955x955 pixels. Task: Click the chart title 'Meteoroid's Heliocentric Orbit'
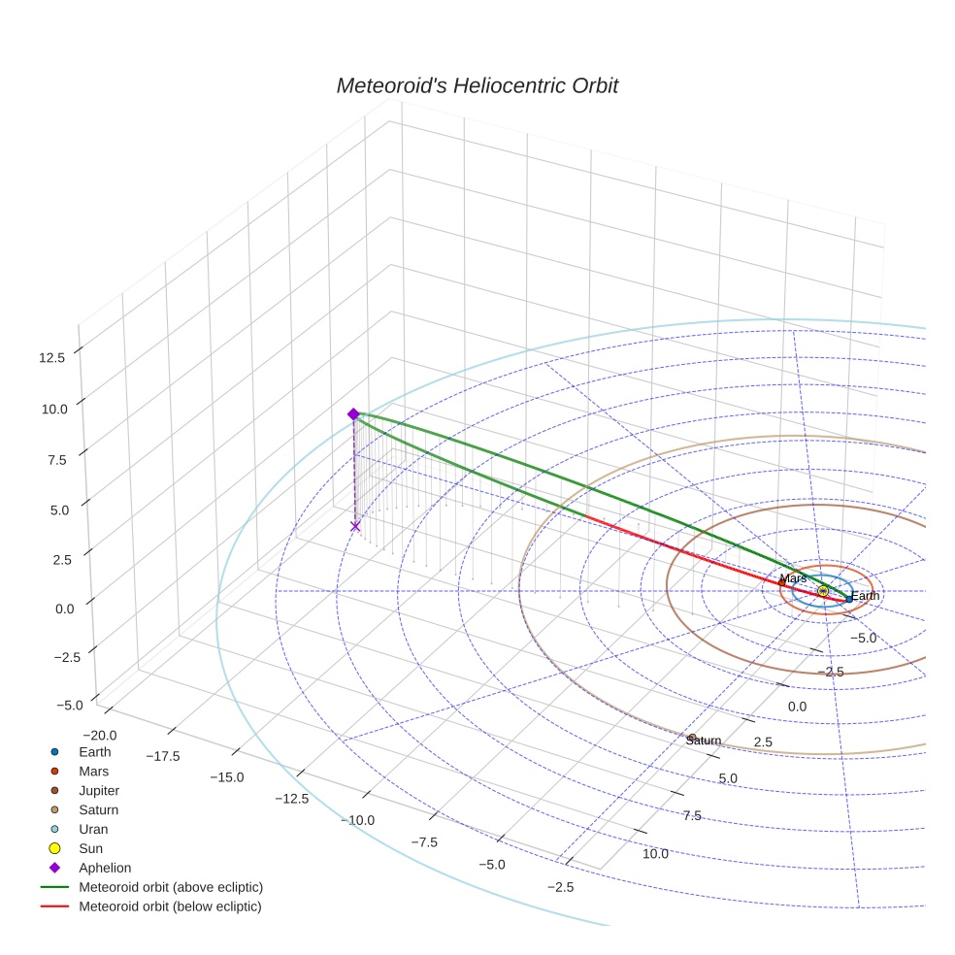[x=477, y=85]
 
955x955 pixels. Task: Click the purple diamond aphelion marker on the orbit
[x=353, y=414]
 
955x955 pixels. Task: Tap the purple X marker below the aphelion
[x=355, y=526]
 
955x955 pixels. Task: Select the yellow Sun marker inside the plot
[x=823, y=591]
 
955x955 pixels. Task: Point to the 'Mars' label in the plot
[x=793, y=578]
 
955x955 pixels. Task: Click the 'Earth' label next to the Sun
[x=865, y=596]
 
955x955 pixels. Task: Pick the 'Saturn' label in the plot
[x=704, y=741]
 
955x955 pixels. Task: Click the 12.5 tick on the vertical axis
[x=52, y=357]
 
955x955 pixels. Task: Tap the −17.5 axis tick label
[x=162, y=756]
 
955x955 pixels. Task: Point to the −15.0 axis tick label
[x=225, y=777]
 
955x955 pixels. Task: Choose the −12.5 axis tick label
[x=291, y=799]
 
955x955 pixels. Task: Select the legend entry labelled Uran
[x=93, y=830]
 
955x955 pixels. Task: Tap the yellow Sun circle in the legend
[x=54, y=849]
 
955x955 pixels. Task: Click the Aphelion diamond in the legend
[x=54, y=869]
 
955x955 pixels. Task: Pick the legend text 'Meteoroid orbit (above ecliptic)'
[x=171, y=887]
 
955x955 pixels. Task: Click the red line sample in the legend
[x=54, y=906]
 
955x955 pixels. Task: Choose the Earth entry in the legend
[x=94, y=752]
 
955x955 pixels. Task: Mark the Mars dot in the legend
[x=54, y=772]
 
